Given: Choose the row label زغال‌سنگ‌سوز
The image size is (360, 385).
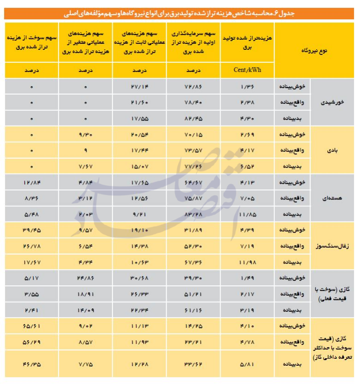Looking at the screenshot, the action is [x=330, y=247].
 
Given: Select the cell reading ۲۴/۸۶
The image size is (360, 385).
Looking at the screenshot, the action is [x=86, y=278].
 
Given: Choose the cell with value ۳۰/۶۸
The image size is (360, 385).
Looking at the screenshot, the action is [x=138, y=278].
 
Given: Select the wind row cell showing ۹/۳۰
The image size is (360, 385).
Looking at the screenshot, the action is [x=86, y=135].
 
